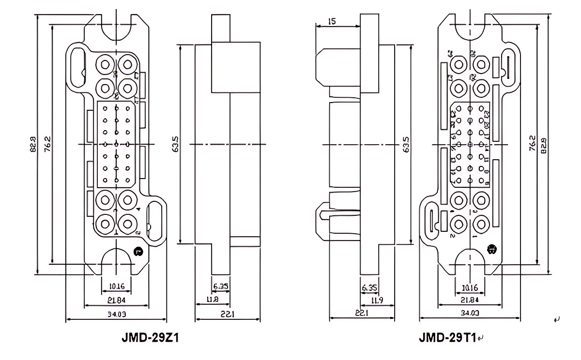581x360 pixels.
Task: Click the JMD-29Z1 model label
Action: [150, 337]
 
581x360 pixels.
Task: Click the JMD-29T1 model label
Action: [448, 337]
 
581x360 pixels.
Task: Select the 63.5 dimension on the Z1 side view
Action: [176, 144]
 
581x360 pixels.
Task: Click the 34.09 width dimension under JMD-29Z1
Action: [116, 314]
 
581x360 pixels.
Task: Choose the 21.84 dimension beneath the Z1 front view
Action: [116, 300]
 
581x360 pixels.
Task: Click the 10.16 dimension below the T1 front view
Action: [470, 288]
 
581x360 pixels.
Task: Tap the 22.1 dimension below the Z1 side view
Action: [228, 314]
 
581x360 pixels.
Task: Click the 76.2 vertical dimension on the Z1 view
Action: [47, 144]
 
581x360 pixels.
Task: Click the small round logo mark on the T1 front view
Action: [492, 250]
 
